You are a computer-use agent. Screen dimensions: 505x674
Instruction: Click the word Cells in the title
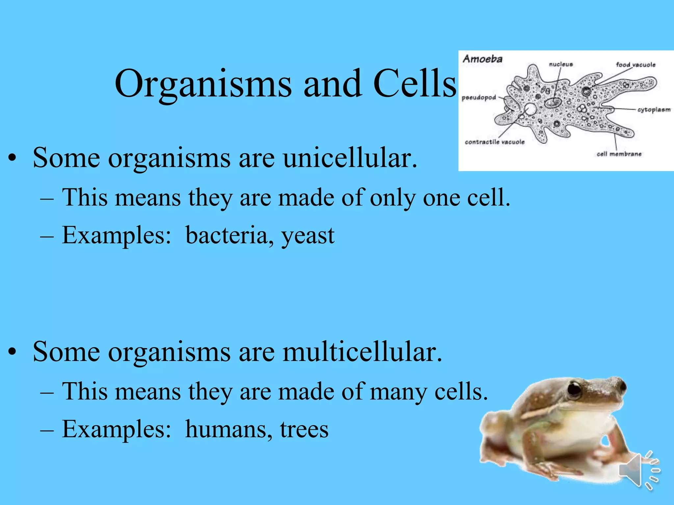415,84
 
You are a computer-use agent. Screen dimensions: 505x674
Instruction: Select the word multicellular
362,352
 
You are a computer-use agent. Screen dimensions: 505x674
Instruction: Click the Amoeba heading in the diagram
482,59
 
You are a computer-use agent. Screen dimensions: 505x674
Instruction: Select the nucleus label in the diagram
561,64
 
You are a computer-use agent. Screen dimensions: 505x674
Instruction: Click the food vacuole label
635,65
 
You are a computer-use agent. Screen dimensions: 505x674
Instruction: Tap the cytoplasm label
654,110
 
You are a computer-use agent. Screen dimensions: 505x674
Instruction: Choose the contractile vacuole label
495,142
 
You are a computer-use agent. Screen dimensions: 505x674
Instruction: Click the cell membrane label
619,154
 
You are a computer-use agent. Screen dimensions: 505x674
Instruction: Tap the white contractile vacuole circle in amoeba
530,109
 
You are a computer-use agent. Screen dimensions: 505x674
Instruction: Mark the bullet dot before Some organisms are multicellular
12,353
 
